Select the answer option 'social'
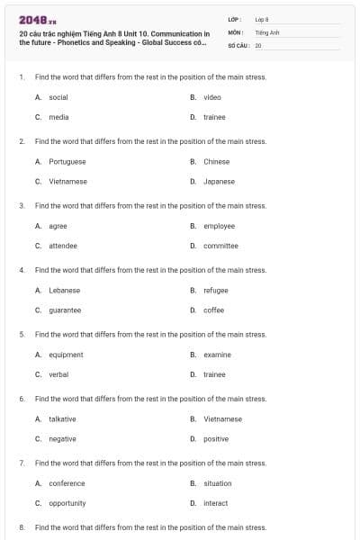pos(58,96)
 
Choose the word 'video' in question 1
pos(212,96)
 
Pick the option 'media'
pos(58,117)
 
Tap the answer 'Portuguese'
pos(67,161)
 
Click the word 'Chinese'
pos(216,161)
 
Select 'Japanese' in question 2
pos(219,181)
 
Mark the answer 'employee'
pos(219,226)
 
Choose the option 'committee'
pos(220,246)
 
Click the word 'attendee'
pos(63,246)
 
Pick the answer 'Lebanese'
pos(64,290)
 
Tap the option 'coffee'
pos(214,310)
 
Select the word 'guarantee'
pos(65,310)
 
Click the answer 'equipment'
pos(66,355)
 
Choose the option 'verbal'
pos(58,374)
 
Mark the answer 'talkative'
pos(62,418)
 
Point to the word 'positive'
pos(216,439)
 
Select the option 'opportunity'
pos(67,503)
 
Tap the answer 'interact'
pos(216,503)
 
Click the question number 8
pos(22,527)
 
